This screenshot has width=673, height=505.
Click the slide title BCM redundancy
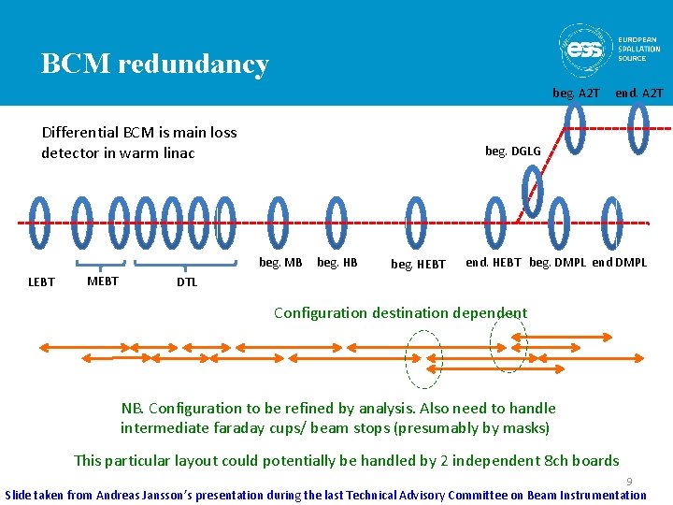pyautogui.click(x=154, y=64)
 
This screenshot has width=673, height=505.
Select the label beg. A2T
pyautogui.click(x=576, y=93)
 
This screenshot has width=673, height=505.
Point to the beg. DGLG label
pyautogui.click(x=512, y=151)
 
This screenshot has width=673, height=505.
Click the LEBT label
pyautogui.click(x=42, y=281)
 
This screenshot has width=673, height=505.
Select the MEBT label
pyautogui.click(x=102, y=281)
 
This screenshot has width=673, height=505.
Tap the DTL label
pyautogui.click(x=187, y=282)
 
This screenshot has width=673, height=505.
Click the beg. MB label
pyautogui.click(x=280, y=263)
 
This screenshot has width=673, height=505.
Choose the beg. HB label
pyautogui.click(x=337, y=263)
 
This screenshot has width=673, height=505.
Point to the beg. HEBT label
pyautogui.click(x=418, y=265)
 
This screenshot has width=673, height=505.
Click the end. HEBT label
pyautogui.click(x=493, y=263)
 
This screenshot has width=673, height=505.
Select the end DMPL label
pyautogui.click(x=619, y=263)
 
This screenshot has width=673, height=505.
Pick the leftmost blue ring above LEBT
pyautogui.click(x=40, y=223)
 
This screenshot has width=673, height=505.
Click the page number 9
pyautogui.click(x=629, y=481)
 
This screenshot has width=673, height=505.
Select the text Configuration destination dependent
pyautogui.click(x=400, y=313)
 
